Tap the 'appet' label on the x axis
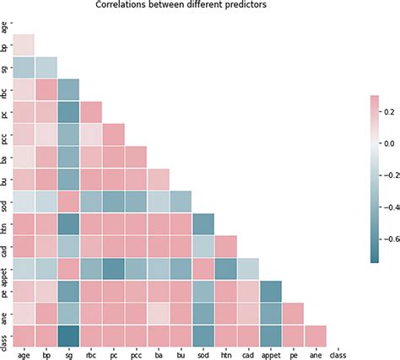click(271, 354)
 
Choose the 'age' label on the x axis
click(23, 354)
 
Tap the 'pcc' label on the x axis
click(136, 354)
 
